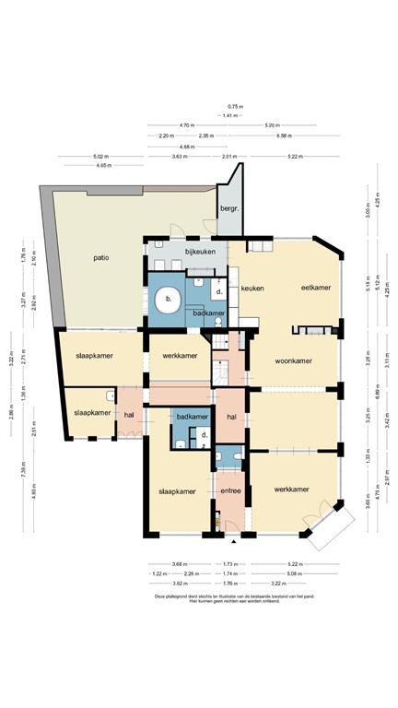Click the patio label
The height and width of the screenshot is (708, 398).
pos(101,257)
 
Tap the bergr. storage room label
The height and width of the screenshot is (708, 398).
pos(228,209)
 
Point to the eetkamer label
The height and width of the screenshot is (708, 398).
pos(315,289)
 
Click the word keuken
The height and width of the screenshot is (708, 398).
pos(252,289)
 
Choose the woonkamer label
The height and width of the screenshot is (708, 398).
pos(294,361)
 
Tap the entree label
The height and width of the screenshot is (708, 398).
pos(230,491)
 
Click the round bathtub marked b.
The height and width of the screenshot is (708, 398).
pos(168,300)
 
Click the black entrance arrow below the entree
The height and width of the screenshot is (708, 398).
pos(234,542)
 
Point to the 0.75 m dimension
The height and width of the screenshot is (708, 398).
pos(236,107)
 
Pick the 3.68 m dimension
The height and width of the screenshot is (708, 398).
pos(180,564)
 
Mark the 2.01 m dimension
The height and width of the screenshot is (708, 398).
pos(230,157)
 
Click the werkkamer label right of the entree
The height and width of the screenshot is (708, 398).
pos(290,489)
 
